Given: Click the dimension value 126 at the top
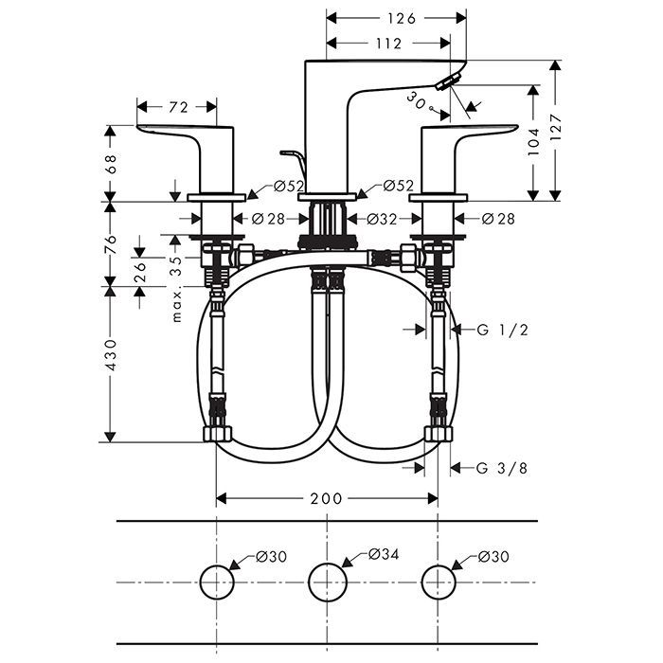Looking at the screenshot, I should coord(396,17).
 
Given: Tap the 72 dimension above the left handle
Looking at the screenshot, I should coord(178,107).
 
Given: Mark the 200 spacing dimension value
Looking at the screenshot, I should coord(328,498).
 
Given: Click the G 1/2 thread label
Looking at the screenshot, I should coord(502,329).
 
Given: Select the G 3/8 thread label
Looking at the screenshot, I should coord(502,467).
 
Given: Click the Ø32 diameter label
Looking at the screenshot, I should coord(381,219).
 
